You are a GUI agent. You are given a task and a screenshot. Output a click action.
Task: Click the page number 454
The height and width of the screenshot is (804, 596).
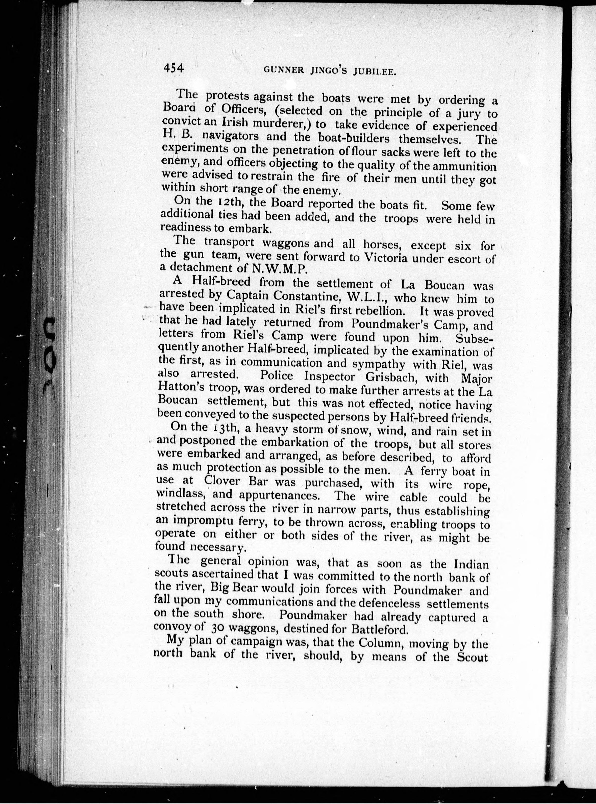173,68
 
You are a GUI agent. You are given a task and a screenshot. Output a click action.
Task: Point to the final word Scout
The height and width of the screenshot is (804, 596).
471,657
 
